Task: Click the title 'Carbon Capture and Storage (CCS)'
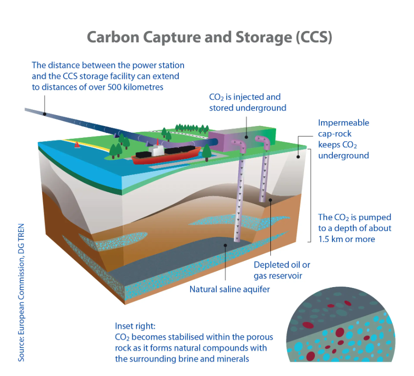pyautogui.click(x=210, y=37)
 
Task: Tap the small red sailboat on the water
pyautogui.click(x=77, y=145)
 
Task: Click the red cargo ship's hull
pyautogui.click(x=166, y=157)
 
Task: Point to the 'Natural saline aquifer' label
pyautogui.click(x=230, y=289)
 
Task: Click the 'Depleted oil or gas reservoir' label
pyautogui.click(x=282, y=270)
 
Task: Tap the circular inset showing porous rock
pyautogui.click(x=340, y=325)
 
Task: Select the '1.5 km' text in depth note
pyautogui.click(x=331, y=239)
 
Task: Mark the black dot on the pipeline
pyautogui.click(x=45, y=114)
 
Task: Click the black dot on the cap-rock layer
pyautogui.click(x=298, y=157)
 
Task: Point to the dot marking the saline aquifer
pyautogui.click(x=225, y=245)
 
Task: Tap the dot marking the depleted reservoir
pyautogui.click(x=270, y=200)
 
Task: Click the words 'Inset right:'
pyautogui.click(x=135, y=326)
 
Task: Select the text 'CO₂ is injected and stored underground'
pyautogui.click(x=248, y=102)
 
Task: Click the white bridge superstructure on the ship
pyautogui.click(x=157, y=150)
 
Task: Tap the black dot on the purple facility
pyautogui.click(x=246, y=137)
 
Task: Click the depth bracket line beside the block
pyautogui.click(x=311, y=195)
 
